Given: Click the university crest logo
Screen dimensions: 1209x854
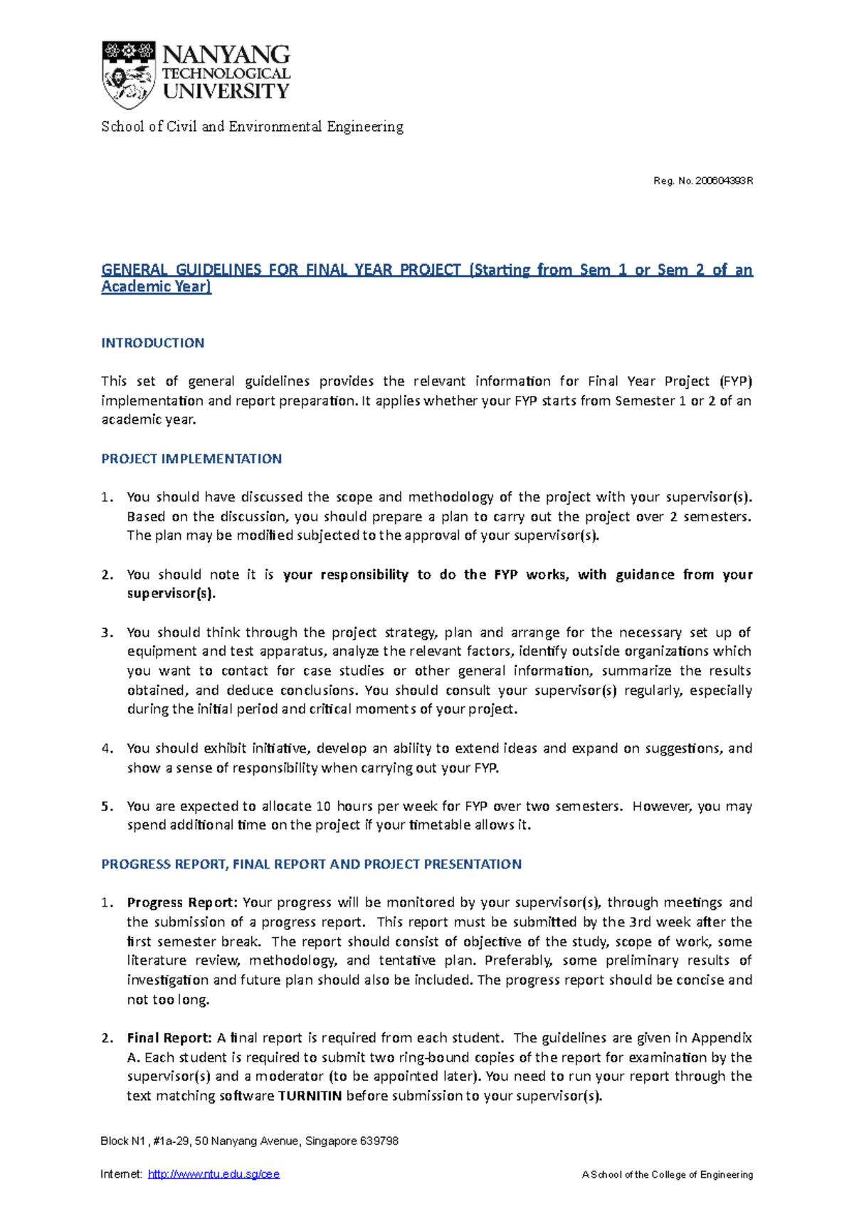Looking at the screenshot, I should [129, 74].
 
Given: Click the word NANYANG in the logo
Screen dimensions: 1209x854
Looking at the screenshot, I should [226, 55].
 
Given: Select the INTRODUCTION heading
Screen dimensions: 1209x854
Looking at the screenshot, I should [152, 343].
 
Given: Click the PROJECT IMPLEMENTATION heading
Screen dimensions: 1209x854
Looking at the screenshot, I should [191, 459].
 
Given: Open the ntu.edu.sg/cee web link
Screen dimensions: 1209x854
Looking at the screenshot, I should [213, 1175].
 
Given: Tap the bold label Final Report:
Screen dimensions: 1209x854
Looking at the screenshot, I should [169, 1038].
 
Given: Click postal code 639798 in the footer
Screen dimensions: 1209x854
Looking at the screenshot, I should [379, 1141].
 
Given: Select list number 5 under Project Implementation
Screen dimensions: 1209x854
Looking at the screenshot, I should [107, 807].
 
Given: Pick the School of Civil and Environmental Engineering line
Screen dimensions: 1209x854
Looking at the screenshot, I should [252, 127].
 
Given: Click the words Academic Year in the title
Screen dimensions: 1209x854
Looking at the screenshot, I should [156, 287].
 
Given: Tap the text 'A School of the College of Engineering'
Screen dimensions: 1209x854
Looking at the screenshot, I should [667, 1175].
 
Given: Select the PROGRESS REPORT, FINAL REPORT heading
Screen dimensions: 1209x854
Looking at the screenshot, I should [311, 864].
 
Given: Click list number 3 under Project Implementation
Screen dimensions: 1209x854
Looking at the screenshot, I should [107, 633].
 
